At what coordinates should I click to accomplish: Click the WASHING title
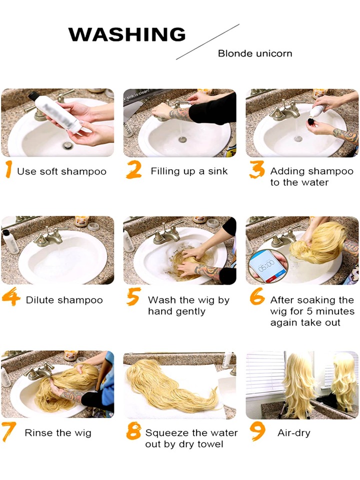(126, 34)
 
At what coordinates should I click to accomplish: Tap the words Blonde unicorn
(255, 54)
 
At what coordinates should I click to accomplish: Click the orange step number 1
(9, 169)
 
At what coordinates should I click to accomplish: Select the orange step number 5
(133, 296)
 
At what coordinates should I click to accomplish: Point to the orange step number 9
(257, 431)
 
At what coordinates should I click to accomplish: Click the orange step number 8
(133, 431)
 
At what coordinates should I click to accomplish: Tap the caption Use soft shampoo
(62, 171)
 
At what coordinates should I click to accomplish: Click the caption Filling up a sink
(189, 171)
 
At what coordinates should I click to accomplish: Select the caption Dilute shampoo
(64, 300)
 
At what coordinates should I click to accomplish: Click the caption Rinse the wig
(58, 433)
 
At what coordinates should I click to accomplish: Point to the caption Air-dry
(294, 433)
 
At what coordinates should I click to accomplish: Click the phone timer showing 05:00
(267, 265)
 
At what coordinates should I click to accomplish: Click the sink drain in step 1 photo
(67, 145)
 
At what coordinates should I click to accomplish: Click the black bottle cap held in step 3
(311, 122)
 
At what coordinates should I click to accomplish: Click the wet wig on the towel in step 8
(171, 385)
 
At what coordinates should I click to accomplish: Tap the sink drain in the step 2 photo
(182, 140)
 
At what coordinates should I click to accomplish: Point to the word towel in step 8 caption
(210, 444)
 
